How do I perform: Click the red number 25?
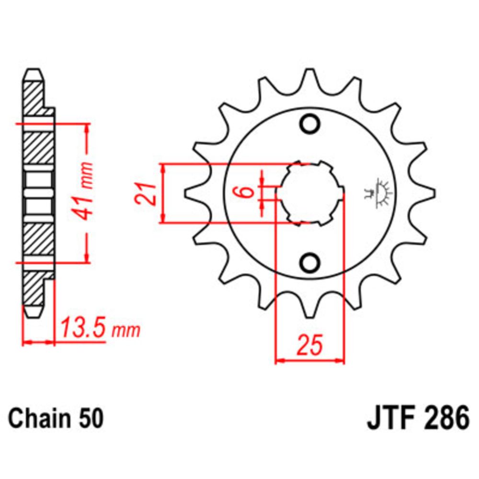pyautogui.click(x=310, y=344)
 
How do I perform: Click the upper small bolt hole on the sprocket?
pyautogui.click(x=310, y=124)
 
